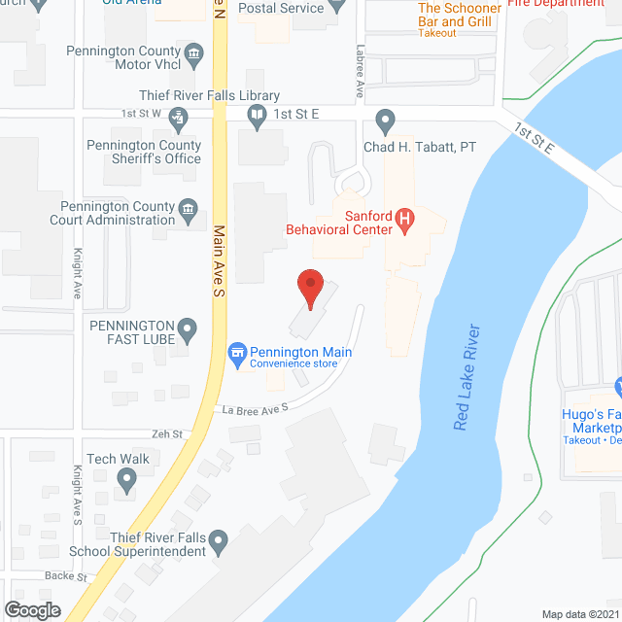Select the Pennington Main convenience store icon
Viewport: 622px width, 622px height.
(x=236, y=353)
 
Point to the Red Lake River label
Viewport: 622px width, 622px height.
(x=466, y=377)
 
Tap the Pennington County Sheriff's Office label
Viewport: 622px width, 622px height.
(x=156, y=153)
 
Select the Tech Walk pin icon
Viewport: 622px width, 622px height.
(x=126, y=478)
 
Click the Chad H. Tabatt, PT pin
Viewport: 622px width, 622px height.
(x=385, y=121)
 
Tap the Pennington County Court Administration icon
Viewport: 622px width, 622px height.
(x=190, y=207)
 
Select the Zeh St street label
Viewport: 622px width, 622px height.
(x=167, y=433)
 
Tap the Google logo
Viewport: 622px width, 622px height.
(x=31, y=610)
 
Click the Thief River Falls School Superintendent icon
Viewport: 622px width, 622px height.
(x=219, y=538)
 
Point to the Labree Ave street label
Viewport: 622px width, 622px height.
(x=360, y=72)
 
